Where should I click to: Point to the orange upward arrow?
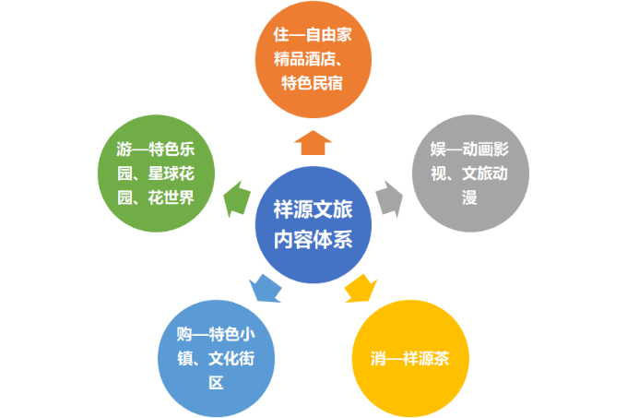314,142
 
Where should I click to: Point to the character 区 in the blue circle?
216,381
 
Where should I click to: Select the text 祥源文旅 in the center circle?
313,211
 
